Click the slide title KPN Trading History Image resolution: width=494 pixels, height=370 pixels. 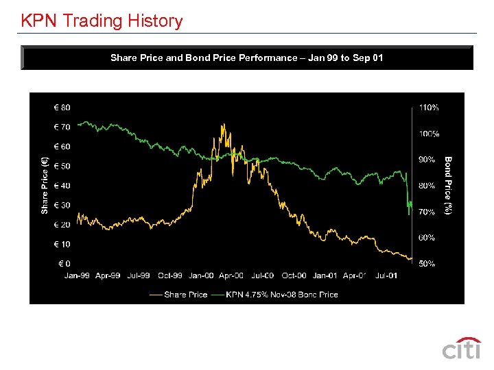[102, 21]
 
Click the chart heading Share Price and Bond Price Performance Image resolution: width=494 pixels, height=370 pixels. [246, 58]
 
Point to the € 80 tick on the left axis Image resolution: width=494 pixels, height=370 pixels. [62, 108]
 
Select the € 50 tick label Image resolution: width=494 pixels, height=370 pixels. [62, 166]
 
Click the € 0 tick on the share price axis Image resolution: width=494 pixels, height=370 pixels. [64, 264]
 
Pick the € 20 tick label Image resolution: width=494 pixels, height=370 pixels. [62, 225]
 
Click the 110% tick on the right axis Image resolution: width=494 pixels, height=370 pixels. [429, 108]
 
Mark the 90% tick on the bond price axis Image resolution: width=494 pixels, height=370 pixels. [427, 160]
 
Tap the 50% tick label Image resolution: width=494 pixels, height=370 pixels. [427, 264]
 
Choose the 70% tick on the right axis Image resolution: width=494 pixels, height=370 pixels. [427, 212]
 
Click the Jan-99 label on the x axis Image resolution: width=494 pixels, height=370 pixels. [77, 275]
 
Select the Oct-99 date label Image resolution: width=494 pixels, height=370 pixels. [169, 275]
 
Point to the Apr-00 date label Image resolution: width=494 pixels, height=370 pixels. [231, 275]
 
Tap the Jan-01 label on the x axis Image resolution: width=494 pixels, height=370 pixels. [325, 275]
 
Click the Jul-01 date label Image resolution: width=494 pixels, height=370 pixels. [386, 275]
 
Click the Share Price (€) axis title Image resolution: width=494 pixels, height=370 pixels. [45, 186]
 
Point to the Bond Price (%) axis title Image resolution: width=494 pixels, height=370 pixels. [447, 186]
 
